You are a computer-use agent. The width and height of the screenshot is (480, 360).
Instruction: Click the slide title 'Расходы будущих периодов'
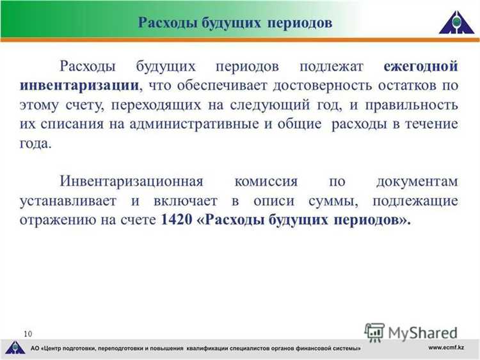[236, 22]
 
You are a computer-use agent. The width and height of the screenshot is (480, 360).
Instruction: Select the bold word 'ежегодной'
[420, 67]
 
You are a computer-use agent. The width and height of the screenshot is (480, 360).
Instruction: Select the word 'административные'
[196, 124]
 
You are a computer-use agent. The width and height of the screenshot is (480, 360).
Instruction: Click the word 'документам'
[417, 182]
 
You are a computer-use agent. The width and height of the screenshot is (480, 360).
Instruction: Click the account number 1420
[176, 220]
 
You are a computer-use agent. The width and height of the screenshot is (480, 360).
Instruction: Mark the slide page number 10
[28, 333]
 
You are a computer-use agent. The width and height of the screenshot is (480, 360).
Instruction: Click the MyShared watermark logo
[412, 332]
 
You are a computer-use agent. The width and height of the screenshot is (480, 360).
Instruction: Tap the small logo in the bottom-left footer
[13, 348]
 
